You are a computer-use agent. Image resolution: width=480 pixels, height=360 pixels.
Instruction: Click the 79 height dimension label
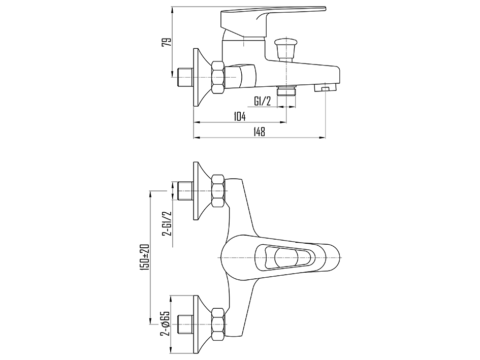click(x=166, y=42)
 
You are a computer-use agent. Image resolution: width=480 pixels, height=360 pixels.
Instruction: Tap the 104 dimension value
click(x=240, y=116)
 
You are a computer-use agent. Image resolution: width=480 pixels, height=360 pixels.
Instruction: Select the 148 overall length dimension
click(x=259, y=132)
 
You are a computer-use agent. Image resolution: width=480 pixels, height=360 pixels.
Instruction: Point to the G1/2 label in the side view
click(x=262, y=101)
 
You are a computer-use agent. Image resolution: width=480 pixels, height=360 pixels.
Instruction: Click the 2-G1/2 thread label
click(x=167, y=224)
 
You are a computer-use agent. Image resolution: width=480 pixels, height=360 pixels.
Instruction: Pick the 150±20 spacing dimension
click(x=145, y=257)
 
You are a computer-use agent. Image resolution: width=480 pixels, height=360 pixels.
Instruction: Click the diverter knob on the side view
click(x=285, y=47)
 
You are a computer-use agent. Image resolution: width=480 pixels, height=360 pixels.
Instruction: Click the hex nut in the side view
click(x=218, y=77)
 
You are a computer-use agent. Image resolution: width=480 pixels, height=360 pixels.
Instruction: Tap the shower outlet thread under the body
click(x=286, y=91)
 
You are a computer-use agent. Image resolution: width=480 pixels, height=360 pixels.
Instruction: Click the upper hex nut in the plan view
click(x=218, y=191)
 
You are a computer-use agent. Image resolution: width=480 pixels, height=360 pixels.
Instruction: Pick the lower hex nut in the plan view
click(x=218, y=324)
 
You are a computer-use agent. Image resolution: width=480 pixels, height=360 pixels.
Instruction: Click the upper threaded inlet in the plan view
click(x=185, y=191)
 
